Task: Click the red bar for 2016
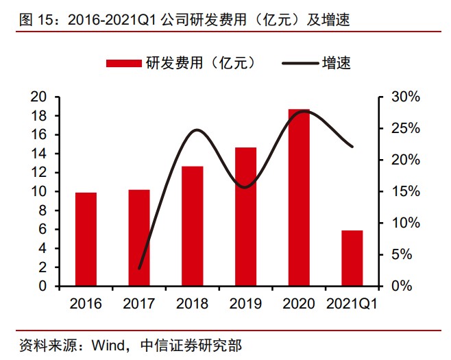click(86, 239)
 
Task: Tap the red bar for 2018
click(192, 226)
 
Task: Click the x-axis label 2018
click(192, 303)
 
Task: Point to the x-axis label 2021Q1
click(352, 303)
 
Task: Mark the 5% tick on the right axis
click(401, 254)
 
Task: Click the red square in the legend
click(123, 63)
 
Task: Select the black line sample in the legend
click(300, 63)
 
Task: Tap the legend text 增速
click(337, 63)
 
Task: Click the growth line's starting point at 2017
click(139, 268)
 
